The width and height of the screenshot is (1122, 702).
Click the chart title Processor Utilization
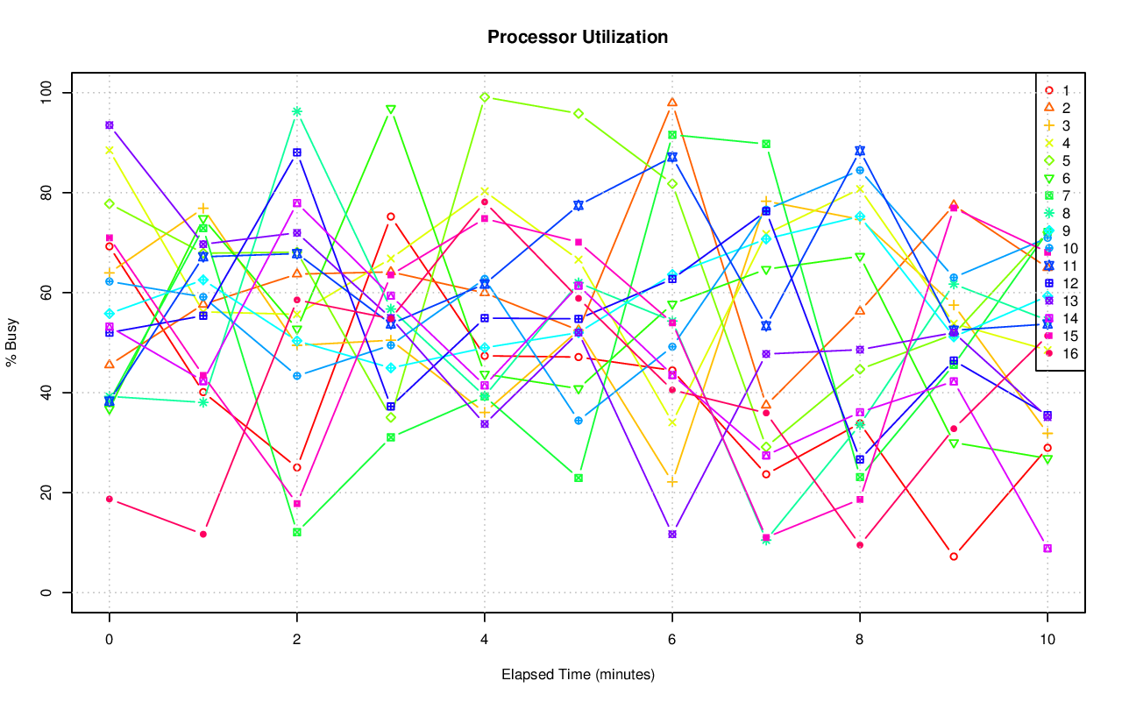point(578,37)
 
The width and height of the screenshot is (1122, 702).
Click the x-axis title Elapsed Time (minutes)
point(578,675)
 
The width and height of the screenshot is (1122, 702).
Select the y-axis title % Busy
point(12,343)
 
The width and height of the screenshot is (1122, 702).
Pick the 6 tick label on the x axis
point(671,640)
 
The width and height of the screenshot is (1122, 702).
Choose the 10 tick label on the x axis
point(1047,640)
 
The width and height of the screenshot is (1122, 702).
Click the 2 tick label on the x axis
point(296,640)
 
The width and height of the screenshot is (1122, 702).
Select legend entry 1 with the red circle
point(1065,90)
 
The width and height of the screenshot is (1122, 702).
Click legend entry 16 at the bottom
point(1069,353)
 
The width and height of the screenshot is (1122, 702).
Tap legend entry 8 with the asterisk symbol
point(1065,213)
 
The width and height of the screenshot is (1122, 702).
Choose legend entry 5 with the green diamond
point(1065,160)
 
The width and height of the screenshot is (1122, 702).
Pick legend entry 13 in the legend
point(1069,301)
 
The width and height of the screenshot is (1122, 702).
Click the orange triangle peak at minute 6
point(672,103)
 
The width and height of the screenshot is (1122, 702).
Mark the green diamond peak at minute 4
point(485,97)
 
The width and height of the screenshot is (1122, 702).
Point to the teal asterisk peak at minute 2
point(297,111)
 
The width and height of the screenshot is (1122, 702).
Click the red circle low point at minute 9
point(954,557)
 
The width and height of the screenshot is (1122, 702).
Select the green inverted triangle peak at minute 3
point(391,110)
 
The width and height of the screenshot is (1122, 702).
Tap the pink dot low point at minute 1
point(203,534)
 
